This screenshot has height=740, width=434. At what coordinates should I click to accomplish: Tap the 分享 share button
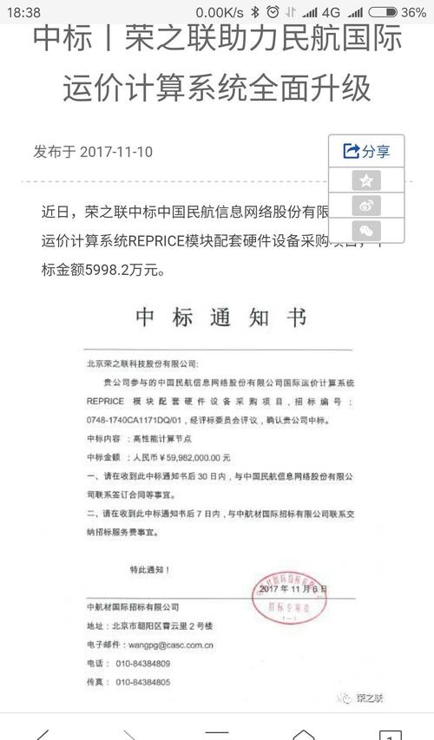tap(366, 151)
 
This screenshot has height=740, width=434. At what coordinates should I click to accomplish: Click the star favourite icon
tap(366, 180)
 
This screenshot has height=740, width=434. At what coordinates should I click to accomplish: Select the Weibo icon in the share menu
tap(366, 206)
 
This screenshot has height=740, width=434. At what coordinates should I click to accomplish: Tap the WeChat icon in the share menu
tap(366, 231)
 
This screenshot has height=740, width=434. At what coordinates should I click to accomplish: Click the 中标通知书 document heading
tap(221, 318)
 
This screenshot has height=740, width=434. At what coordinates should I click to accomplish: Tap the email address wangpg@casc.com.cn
tap(165, 645)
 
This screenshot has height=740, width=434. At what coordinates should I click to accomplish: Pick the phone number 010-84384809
tap(143, 664)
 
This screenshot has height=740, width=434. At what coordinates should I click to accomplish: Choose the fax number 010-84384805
tap(143, 683)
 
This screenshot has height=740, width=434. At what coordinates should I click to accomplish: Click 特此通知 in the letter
tap(149, 570)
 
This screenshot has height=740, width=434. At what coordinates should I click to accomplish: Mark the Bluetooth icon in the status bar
tap(254, 12)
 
